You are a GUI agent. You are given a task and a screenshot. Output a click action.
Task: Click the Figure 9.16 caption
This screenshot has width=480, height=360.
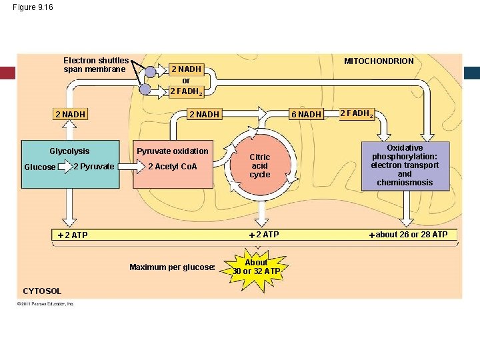pyautogui.click(x=33, y=7)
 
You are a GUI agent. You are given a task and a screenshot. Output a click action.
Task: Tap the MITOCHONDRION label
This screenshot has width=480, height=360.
pyautogui.click(x=379, y=61)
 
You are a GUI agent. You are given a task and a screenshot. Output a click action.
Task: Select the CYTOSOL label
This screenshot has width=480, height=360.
pyautogui.click(x=42, y=291)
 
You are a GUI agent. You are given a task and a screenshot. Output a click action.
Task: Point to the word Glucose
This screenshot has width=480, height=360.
pyautogui.click(x=40, y=167)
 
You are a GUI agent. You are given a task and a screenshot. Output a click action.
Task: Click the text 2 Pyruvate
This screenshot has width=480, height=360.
pyautogui.click(x=94, y=166)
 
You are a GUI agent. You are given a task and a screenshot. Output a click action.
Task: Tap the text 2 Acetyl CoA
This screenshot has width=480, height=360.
pyautogui.click(x=173, y=167)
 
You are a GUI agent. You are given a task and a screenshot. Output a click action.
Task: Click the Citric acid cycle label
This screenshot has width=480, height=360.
pyautogui.click(x=259, y=166)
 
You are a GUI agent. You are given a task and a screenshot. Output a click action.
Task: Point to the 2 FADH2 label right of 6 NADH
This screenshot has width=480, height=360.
pyautogui.click(x=357, y=113)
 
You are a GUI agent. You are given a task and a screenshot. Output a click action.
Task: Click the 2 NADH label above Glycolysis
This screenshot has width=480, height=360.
pyautogui.click(x=70, y=115)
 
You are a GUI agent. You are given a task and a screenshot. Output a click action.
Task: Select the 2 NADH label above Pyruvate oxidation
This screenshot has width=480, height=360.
pyautogui.click(x=204, y=115)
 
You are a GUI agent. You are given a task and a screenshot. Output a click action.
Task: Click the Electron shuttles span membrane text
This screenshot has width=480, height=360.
pyautogui.click(x=96, y=65)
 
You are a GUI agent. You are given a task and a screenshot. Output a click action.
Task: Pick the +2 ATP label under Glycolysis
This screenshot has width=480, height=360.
pyautogui.click(x=73, y=235)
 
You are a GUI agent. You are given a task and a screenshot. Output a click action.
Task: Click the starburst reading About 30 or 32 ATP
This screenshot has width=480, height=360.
pyautogui.click(x=256, y=267)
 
